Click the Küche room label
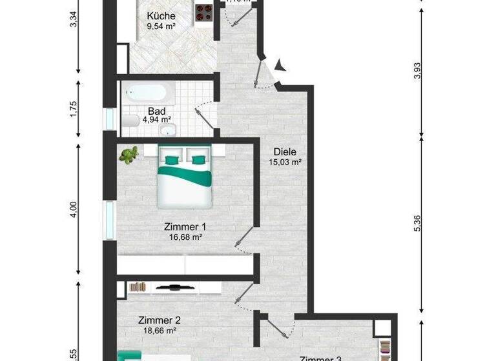(161, 16)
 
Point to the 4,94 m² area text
(158, 119)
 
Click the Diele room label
(284, 151)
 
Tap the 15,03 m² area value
(285, 162)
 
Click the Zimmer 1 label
(185, 227)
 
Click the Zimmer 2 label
(159, 320)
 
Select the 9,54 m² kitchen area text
(161, 27)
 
